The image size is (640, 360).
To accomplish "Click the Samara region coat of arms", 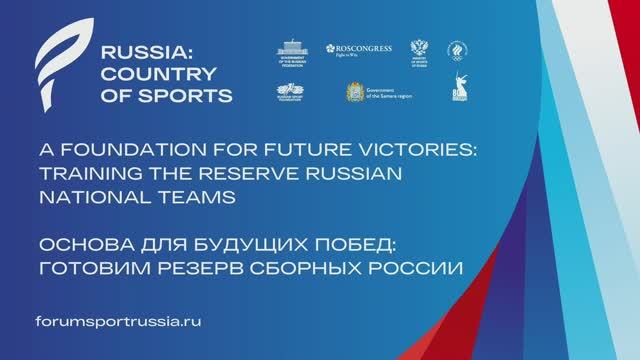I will (354, 92).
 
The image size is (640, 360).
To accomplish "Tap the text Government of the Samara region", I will (391, 92).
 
